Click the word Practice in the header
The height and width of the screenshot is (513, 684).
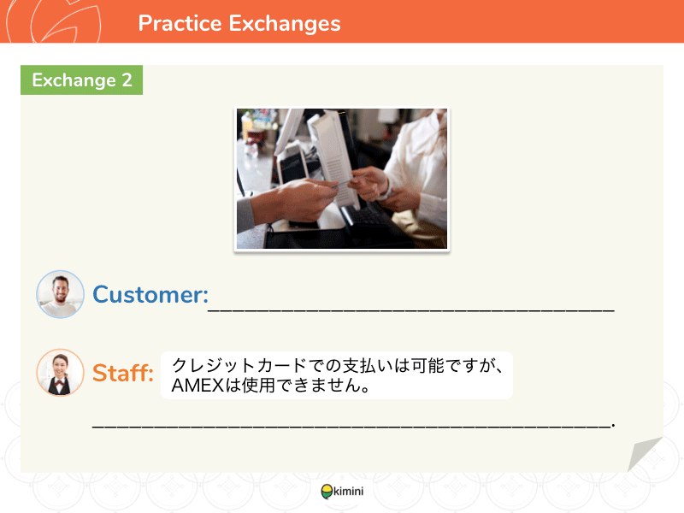click(x=180, y=23)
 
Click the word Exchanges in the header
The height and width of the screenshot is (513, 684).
click(x=285, y=24)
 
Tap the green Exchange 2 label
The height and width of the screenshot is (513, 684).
click(x=81, y=80)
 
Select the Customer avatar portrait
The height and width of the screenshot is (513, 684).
click(x=60, y=294)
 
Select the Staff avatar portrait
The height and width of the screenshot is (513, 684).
click(x=60, y=373)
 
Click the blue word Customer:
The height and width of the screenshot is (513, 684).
click(x=150, y=294)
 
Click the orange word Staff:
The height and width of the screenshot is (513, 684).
click(x=123, y=374)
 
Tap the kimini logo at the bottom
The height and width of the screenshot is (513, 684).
click(x=343, y=491)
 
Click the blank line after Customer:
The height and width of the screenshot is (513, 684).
click(x=411, y=310)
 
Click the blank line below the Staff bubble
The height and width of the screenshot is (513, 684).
click(x=353, y=426)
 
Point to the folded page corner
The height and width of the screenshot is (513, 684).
click(x=645, y=454)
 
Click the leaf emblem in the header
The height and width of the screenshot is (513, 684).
click(x=66, y=22)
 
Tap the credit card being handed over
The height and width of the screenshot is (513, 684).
click(x=343, y=183)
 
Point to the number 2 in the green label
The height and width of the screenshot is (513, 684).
click(x=127, y=80)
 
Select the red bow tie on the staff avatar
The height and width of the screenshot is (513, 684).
click(x=60, y=383)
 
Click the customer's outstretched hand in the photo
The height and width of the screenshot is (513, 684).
click(x=301, y=198)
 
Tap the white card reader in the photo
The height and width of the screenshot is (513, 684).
click(x=333, y=157)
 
